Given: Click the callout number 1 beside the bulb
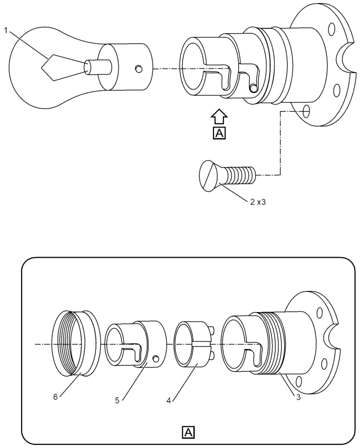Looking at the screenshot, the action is point(6,30).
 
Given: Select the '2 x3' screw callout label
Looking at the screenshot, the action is point(258,202).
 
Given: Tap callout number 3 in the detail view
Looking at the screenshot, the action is point(298,397).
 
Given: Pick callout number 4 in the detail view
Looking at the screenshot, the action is point(169,401).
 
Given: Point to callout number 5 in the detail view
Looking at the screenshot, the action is point(117,401).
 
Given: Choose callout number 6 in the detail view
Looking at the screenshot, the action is point(55,397).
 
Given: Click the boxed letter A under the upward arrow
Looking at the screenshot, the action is point(219,133).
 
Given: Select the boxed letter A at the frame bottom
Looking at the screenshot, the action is point(188,432).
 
